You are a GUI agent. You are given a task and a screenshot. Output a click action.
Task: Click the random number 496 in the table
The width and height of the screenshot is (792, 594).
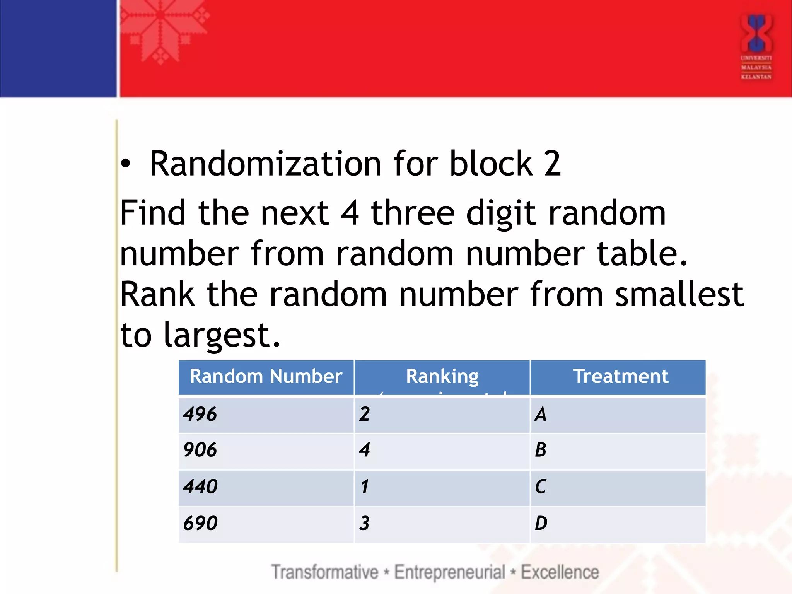[200, 414]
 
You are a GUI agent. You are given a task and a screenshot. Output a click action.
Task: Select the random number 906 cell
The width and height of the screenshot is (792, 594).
[200, 450]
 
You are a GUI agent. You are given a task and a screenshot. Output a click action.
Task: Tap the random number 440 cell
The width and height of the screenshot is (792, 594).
[200, 486]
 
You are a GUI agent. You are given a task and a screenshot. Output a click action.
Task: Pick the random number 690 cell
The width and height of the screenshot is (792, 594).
[200, 523]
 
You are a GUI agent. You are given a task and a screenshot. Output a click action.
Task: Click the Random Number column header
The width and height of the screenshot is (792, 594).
[266, 376]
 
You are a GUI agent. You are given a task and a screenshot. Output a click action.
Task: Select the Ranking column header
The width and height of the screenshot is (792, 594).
[442, 376]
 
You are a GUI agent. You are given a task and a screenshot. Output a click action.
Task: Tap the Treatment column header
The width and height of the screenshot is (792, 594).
[621, 376]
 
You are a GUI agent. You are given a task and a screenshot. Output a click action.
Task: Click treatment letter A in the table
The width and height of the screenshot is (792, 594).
[541, 414]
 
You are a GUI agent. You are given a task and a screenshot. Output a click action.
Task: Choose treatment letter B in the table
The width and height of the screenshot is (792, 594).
[541, 450]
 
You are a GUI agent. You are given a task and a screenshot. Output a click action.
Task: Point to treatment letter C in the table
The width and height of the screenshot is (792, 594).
[541, 486]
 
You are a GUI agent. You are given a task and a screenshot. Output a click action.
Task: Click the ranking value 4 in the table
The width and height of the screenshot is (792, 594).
[364, 450]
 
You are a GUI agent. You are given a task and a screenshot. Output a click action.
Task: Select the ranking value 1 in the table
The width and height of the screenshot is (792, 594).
[364, 486]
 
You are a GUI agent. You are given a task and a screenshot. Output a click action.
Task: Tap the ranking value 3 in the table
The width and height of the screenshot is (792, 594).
[364, 523]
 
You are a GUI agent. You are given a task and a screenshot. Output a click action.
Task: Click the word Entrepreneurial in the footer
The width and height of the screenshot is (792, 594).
[449, 572]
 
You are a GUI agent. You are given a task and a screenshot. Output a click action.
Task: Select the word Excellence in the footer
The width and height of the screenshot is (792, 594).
[560, 572]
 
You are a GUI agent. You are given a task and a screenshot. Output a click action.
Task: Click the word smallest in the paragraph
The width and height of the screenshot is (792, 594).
[679, 294]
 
